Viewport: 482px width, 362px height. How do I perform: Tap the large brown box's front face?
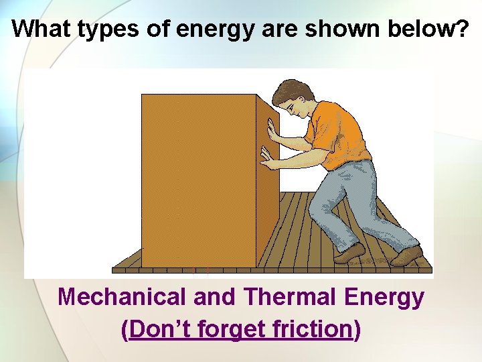(x=199, y=181)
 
